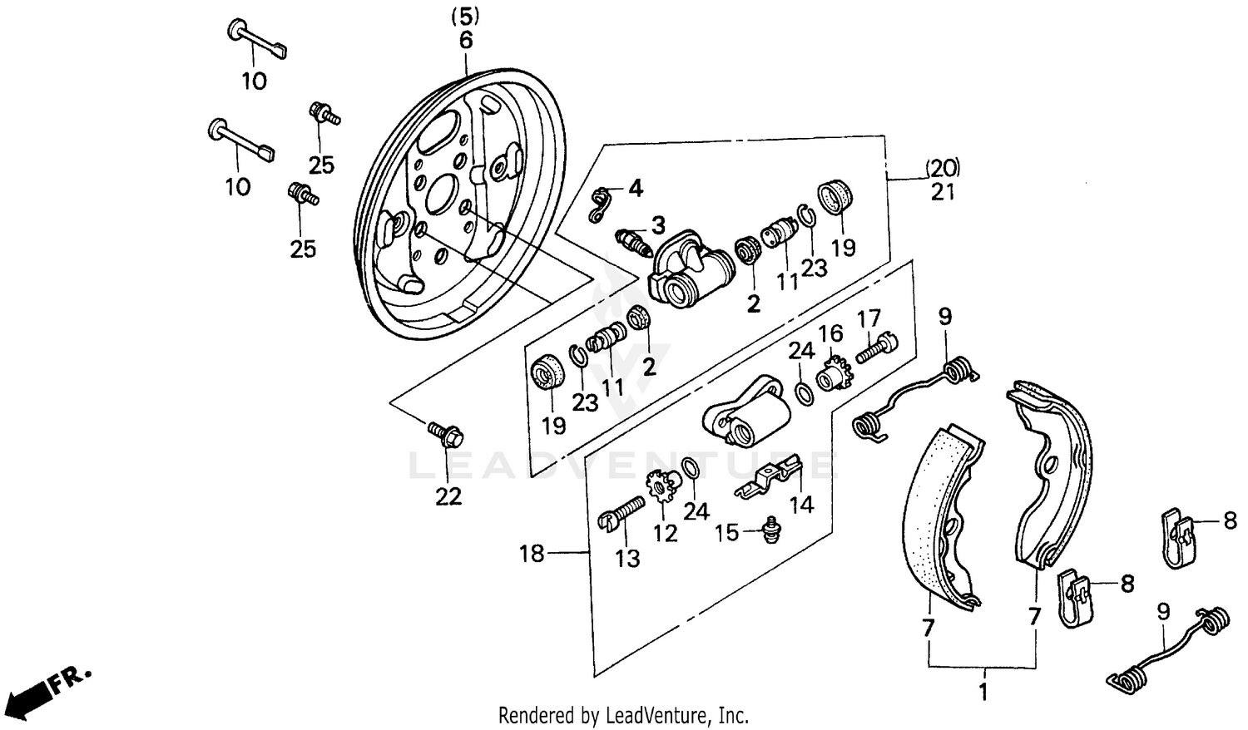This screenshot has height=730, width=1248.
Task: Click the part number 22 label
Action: pyautogui.click(x=448, y=496)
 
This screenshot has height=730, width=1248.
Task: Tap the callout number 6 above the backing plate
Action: pyautogui.click(x=465, y=40)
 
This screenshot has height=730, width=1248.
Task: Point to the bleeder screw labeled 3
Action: pyautogui.click(x=635, y=242)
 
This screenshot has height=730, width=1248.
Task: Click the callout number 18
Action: pyautogui.click(x=532, y=553)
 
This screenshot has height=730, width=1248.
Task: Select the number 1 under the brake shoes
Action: pyautogui.click(x=983, y=692)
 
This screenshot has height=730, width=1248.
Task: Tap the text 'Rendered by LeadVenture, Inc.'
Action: pyautogui.click(x=623, y=715)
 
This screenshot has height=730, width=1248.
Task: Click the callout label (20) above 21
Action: pyautogui.click(x=943, y=168)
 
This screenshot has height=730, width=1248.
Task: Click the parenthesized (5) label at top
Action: pyautogui.click(x=465, y=15)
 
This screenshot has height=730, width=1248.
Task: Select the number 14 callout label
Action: pyautogui.click(x=801, y=505)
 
